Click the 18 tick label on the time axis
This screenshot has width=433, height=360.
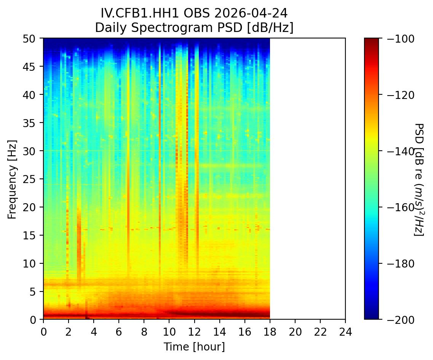270,328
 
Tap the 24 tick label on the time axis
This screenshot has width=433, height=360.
345,328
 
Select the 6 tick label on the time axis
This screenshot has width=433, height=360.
119,328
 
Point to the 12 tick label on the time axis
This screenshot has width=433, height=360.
194,328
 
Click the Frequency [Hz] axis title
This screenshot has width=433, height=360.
12,179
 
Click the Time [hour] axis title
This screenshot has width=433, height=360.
194,347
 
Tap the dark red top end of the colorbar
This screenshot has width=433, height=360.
371,41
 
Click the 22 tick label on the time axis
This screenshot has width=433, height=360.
320,328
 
